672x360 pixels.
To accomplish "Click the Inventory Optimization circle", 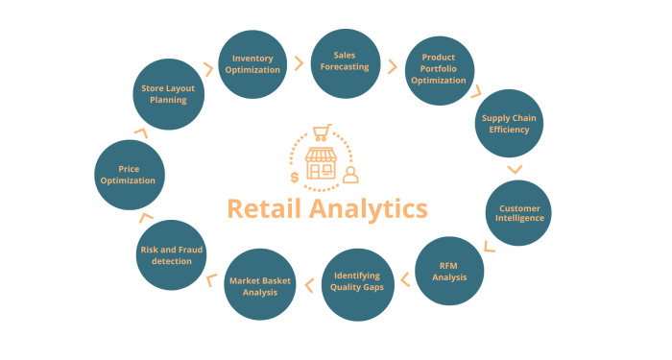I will click(255, 64).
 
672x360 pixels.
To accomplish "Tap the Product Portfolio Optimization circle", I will click(437, 69).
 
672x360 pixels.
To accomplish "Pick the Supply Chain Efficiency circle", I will click(510, 124).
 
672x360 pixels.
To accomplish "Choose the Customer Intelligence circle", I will click(519, 212).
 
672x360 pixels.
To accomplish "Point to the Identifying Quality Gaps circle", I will click(356, 282).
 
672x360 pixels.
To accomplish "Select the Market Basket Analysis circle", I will click(259, 284).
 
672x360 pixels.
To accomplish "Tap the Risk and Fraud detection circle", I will click(172, 255).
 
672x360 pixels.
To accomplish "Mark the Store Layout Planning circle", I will click(168, 95).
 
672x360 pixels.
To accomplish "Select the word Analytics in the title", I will click(371, 208).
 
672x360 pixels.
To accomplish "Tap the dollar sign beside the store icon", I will click(294, 177).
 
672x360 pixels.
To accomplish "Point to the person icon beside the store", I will click(350, 175).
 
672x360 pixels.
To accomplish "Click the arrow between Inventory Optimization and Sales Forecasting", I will click(300, 63).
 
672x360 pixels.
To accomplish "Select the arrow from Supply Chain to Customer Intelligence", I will click(515, 169).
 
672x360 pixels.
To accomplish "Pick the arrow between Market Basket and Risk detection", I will click(210, 280).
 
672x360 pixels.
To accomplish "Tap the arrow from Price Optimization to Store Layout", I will click(140, 132).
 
